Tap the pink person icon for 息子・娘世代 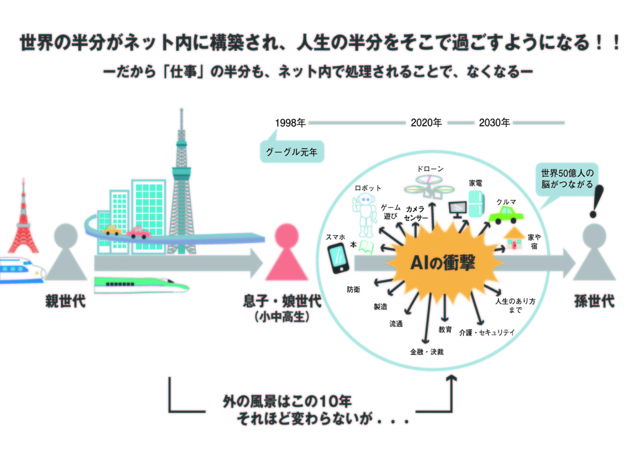tap(286, 254)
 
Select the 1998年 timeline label tap(290, 123)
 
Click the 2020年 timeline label tap(426, 123)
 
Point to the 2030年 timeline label tap(494, 123)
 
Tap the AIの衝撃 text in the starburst tap(443, 264)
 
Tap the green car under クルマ tap(505, 215)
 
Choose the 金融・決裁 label tap(427, 352)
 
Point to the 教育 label tap(445, 329)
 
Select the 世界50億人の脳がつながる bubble tap(567, 179)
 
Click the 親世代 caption tap(65, 303)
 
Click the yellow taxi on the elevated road tap(112, 231)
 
